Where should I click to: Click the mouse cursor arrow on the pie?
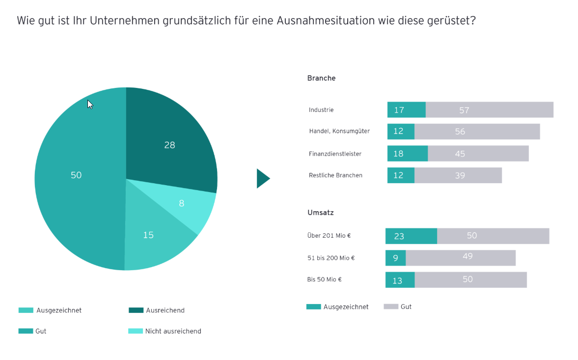coord(90,104)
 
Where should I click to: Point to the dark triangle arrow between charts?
coord(262,178)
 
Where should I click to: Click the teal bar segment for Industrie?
coord(406,110)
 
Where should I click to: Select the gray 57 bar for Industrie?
coord(489,110)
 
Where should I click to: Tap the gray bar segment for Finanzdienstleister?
coord(478,154)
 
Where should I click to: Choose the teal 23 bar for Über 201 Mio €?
coord(411,236)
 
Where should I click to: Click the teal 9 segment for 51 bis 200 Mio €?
coord(395,258)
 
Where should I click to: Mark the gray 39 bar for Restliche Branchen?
coord(458,175)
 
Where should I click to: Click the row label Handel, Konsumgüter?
coord(339,131)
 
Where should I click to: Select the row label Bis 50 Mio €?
coord(324,279)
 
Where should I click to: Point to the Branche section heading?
coord(321,78)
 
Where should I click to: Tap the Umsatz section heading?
coord(320,213)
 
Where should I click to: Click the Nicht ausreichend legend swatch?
coord(136,331)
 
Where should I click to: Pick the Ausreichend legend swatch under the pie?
coord(136,310)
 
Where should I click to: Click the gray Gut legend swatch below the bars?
coord(391,306)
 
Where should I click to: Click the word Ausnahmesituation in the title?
coord(325,21)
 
